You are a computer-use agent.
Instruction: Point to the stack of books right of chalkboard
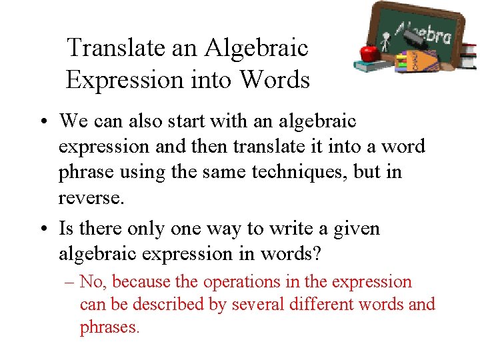coord(468,56)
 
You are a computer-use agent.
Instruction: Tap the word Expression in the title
coord(123,80)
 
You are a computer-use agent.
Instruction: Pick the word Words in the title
coord(275,80)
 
